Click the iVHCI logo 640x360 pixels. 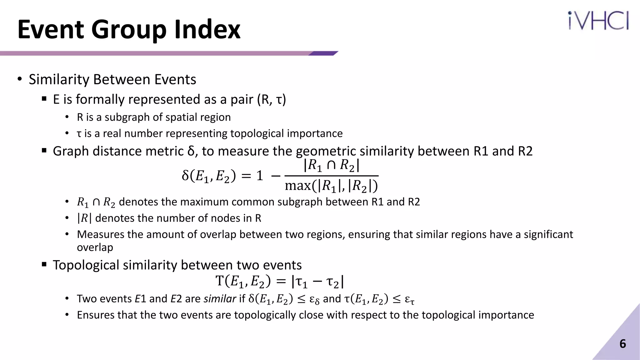(598, 21)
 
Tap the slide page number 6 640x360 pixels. (622, 344)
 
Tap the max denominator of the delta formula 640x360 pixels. (331, 186)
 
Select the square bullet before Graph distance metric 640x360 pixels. (44, 151)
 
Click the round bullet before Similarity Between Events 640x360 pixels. (20, 79)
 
